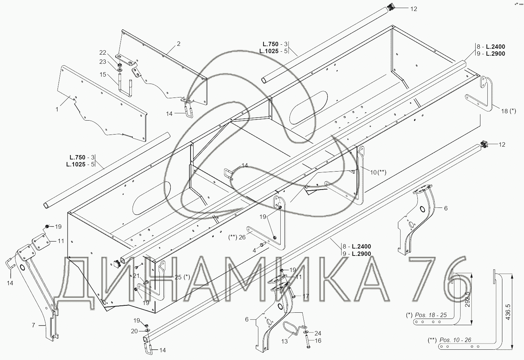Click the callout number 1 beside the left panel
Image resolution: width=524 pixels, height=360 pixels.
(x=57, y=109)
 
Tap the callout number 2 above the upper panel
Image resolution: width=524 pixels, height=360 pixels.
(x=178, y=44)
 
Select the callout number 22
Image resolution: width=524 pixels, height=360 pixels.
(x=103, y=52)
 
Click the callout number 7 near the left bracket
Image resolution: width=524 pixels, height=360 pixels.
(x=33, y=325)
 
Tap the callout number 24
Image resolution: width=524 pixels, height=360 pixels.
(x=318, y=333)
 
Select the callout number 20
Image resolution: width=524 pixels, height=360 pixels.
(x=134, y=331)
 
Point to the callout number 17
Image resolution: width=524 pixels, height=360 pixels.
(x=306, y=296)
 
